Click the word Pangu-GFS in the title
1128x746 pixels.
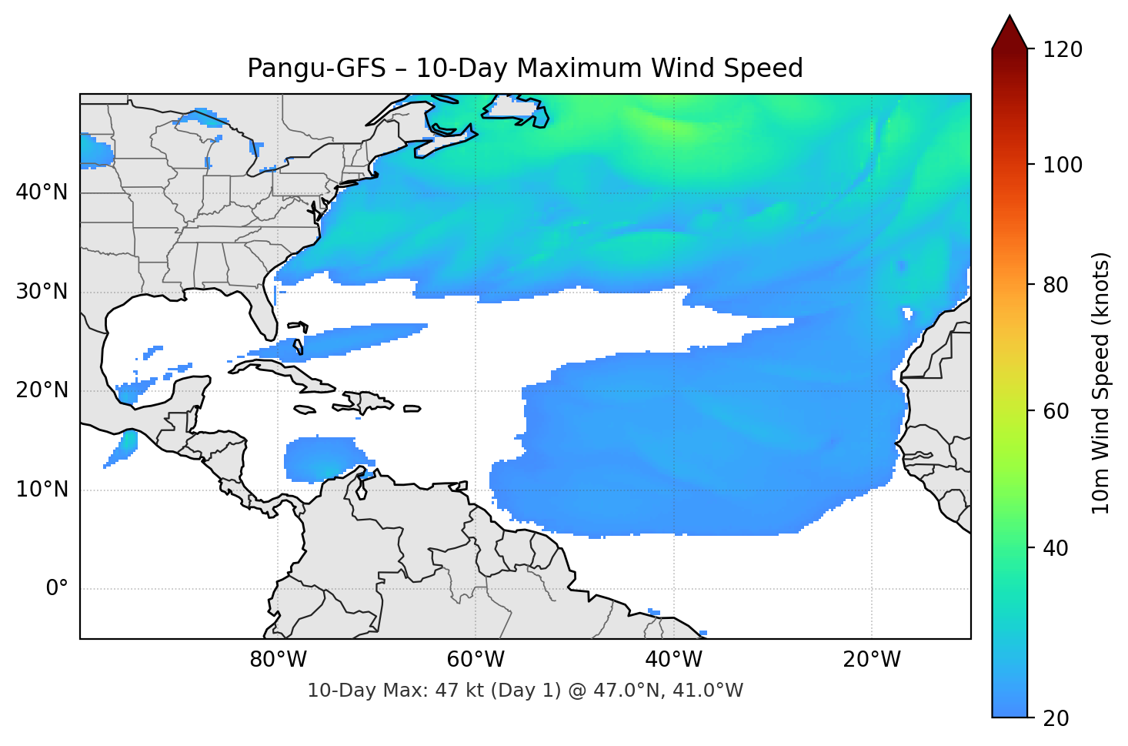pyautogui.click(x=316, y=69)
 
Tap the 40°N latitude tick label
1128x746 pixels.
pyautogui.click(x=42, y=192)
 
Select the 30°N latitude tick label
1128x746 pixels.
pyautogui.click(x=42, y=292)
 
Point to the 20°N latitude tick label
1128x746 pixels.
pyautogui.click(x=42, y=391)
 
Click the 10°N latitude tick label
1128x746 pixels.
pyautogui.click(x=42, y=490)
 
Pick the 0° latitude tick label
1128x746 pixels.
pyautogui.click(x=57, y=589)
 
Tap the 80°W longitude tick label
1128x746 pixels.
pyautogui.click(x=278, y=660)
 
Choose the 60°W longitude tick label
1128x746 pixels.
pyautogui.click(x=476, y=660)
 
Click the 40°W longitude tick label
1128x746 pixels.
pyautogui.click(x=673, y=660)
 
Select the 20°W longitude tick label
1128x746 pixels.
pyautogui.click(x=871, y=660)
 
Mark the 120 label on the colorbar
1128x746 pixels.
pyautogui.click(x=1063, y=50)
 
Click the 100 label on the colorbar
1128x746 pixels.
pyautogui.click(x=1063, y=165)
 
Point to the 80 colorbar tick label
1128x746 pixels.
pyautogui.click(x=1056, y=285)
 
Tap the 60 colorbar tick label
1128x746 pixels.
pyautogui.click(x=1056, y=411)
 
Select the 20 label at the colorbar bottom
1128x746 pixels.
pyautogui.click(x=1056, y=718)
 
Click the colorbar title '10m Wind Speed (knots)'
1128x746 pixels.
pyautogui.click(x=1101, y=383)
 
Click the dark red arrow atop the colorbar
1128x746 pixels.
pyautogui.click(x=1010, y=32)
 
